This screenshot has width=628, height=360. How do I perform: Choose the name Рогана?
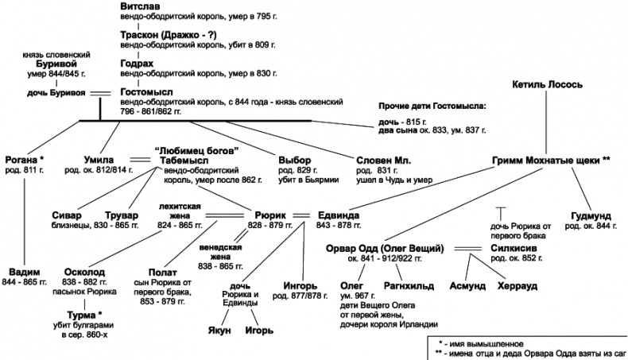coord(24,159)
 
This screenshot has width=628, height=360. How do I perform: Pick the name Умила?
coord(100,159)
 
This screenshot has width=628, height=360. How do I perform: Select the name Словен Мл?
coord(383,159)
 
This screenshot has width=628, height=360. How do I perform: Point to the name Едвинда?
coord(339,215)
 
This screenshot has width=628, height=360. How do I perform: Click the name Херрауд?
coord(518,284)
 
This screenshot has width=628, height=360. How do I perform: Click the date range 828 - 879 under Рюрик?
coord(270,226)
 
